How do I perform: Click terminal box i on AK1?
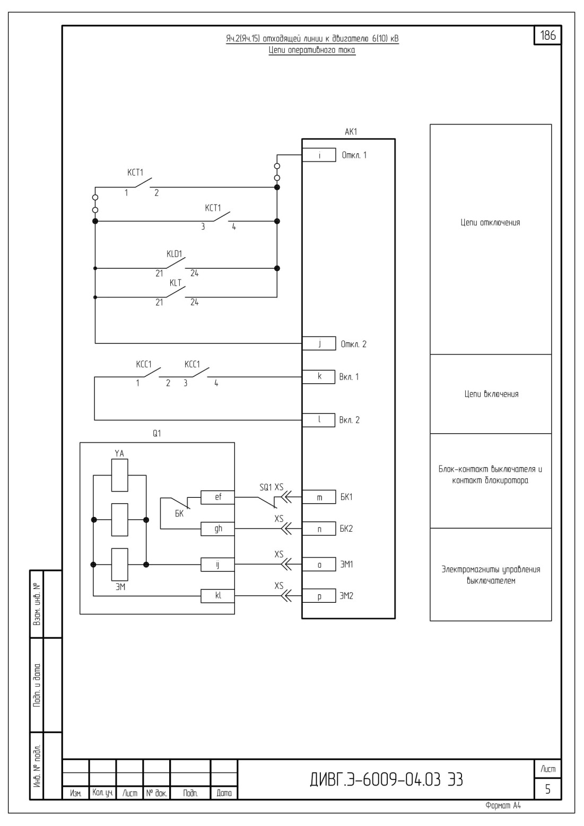[x=319, y=155]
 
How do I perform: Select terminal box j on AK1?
[x=319, y=344]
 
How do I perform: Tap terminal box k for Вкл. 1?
[x=319, y=377]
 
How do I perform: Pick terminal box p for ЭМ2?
[x=319, y=596]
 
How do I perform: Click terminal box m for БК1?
[x=319, y=497]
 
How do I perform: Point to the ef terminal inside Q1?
[x=217, y=497]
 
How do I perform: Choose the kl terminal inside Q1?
[x=217, y=596]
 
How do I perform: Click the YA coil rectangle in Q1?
[x=119, y=475]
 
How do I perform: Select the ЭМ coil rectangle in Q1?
[x=119, y=565]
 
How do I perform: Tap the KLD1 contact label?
[x=174, y=254]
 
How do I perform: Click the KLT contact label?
[x=176, y=283]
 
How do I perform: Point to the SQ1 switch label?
[x=266, y=487]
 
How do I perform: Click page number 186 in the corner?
[x=548, y=36]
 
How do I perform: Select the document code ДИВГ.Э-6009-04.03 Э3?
[x=386, y=780]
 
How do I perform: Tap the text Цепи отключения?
[x=490, y=222]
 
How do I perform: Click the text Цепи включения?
[x=491, y=394]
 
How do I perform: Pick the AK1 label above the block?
[x=351, y=132]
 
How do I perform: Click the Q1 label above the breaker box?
[x=157, y=434]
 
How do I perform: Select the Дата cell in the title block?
[x=224, y=793]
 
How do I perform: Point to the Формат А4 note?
[x=503, y=806]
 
